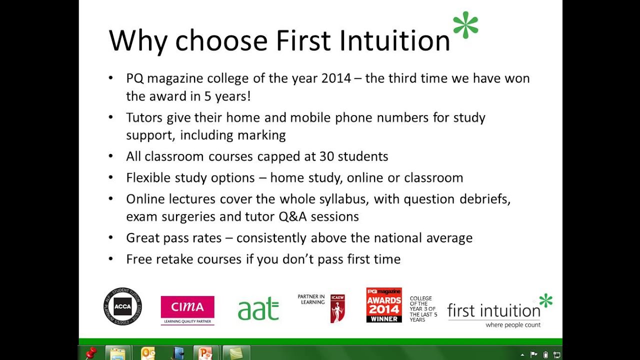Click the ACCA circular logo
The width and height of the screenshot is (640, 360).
pos(122,306)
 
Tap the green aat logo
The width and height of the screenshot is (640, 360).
pos(258,308)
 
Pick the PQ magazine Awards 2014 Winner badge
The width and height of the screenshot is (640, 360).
pos(384,305)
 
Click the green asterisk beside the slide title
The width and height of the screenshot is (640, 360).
pos(465,25)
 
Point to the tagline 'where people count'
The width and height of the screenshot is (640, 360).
pos(513,325)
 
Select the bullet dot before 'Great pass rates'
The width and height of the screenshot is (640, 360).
pos(111,238)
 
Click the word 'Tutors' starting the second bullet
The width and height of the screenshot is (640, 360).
pos(144,118)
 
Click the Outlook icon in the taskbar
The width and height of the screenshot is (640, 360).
pos(148,353)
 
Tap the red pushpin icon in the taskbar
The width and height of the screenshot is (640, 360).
pos(91,353)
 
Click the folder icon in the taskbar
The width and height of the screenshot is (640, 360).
pos(118,353)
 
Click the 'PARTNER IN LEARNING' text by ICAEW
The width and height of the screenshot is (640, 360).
pos(311,299)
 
